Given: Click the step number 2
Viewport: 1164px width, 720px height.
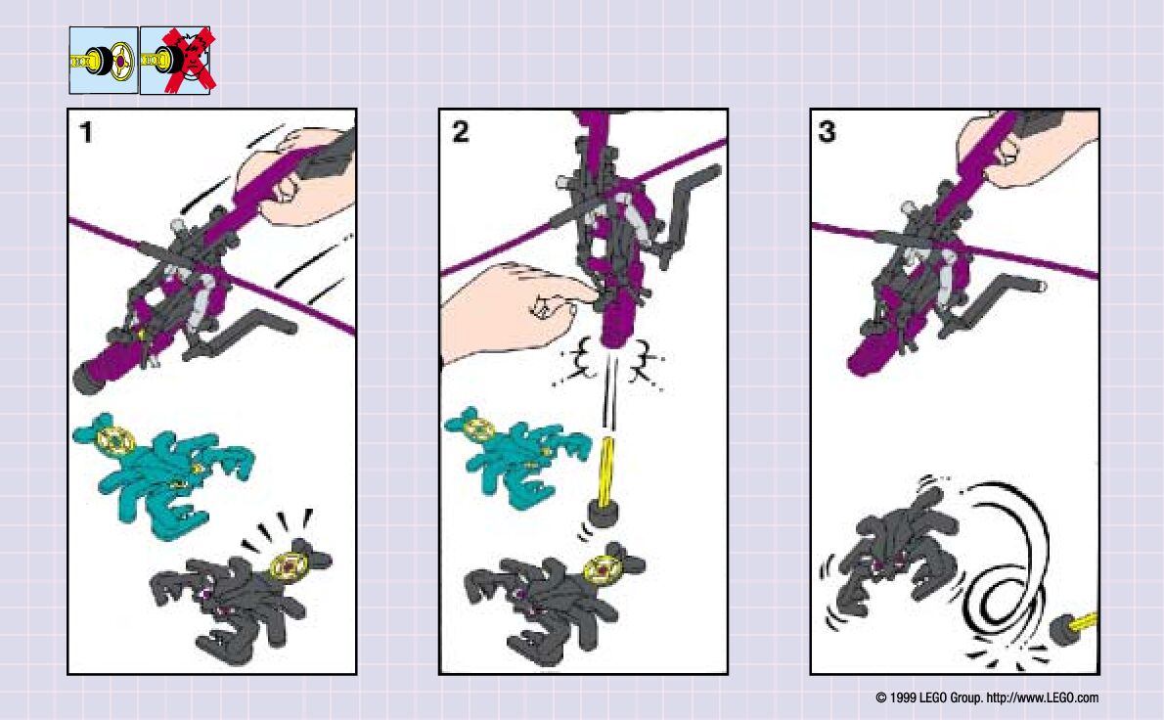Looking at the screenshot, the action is point(460,132).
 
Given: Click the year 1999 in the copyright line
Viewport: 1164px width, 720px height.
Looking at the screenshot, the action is point(902,697).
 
